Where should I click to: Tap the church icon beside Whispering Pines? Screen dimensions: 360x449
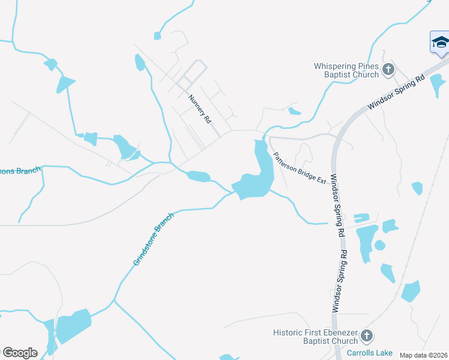click(x=388, y=70)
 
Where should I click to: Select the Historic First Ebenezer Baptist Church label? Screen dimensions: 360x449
click(x=315, y=337)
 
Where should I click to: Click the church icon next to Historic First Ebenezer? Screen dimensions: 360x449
click(x=367, y=336)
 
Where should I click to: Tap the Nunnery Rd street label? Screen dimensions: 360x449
click(x=200, y=109)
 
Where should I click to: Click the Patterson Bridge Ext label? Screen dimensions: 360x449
click(x=300, y=168)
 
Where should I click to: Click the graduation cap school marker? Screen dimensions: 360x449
click(x=440, y=42)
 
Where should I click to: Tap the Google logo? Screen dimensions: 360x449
click(x=20, y=353)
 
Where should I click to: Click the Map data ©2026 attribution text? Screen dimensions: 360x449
click(x=423, y=355)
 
